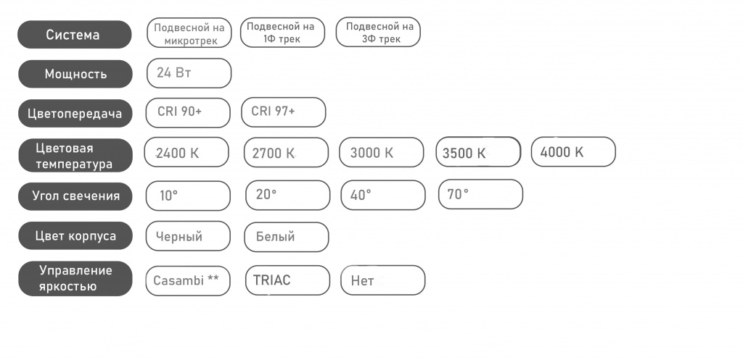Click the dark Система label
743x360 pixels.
[75, 35]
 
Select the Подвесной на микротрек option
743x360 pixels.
[189, 33]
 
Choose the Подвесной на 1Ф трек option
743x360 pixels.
[282, 32]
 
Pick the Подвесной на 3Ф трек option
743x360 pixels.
[378, 32]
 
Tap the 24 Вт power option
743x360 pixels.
[189, 73]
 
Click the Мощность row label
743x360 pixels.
[75, 74]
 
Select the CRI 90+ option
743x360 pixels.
[188, 112]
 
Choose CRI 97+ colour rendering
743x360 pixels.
[284, 112]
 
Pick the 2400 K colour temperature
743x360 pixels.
[186, 152]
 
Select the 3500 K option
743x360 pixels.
[478, 152]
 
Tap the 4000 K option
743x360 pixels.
[573, 152]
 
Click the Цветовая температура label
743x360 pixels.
[75, 155]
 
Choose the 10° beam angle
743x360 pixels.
[188, 196]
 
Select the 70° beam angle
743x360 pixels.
[480, 194]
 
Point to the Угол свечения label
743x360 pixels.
[75, 196]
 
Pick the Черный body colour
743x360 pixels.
[188, 236]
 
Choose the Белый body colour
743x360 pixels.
[286, 237]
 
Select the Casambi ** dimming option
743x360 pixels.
[188, 280]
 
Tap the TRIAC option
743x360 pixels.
[287, 280]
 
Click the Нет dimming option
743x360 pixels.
[383, 280]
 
